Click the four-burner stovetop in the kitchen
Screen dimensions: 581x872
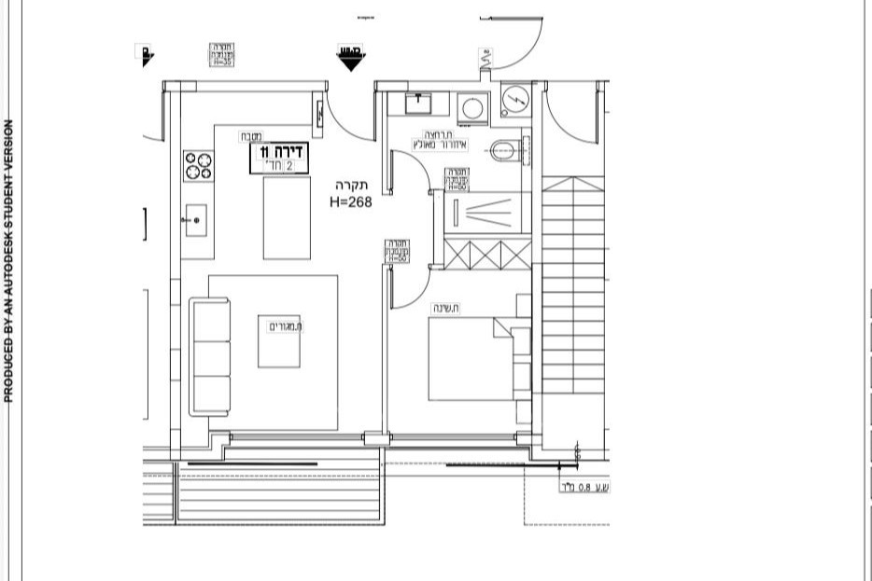pos(198,166)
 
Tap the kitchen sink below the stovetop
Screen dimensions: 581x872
pos(195,220)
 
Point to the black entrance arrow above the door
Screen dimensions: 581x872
pos(351,59)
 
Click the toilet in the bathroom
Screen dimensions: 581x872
pos(505,148)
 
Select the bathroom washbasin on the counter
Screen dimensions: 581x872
pos(421,102)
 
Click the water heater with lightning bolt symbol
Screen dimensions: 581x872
pos(514,99)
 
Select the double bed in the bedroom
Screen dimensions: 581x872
pos(476,359)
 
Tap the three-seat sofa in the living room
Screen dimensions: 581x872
pos(210,356)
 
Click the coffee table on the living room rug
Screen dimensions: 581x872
pos(279,341)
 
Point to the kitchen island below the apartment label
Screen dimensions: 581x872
pos(287,217)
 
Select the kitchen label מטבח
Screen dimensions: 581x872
pos(249,136)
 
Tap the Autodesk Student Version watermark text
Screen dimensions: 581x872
pos(9,261)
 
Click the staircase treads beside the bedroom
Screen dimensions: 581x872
pos(573,298)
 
